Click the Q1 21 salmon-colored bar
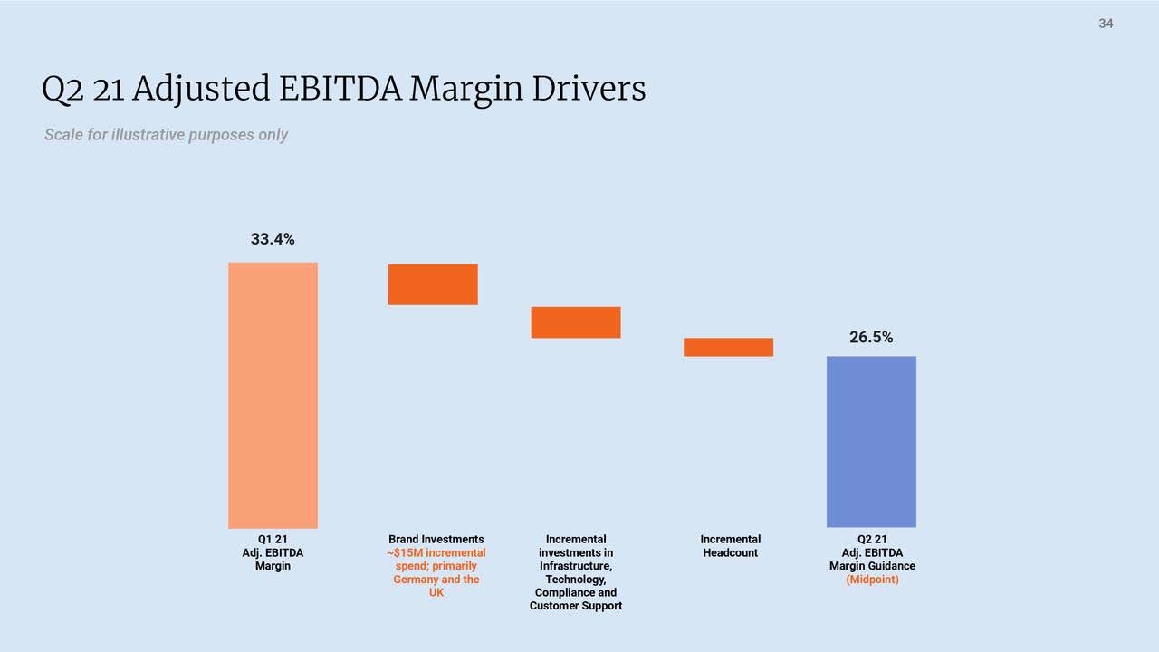click(x=273, y=395)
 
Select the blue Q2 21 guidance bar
click(x=871, y=441)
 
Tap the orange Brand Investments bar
click(x=433, y=284)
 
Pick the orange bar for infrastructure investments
click(x=576, y=322)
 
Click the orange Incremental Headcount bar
click(x=728, y=347)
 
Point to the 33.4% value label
click(x=273, y=240)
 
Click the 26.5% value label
click(x=871, y=338)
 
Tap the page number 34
click(x=1106, y=24)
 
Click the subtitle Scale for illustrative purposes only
click(x=166, y=135)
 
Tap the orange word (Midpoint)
click(x=872, y=580)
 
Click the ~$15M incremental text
click(x=436, y=552)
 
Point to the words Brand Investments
click(x=436, y=539)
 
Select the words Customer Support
click(x=576, y=606)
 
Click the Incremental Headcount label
click(x=730, y=545)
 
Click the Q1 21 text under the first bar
click(x=273, y=539)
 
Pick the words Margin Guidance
click(x=872, y=566)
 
